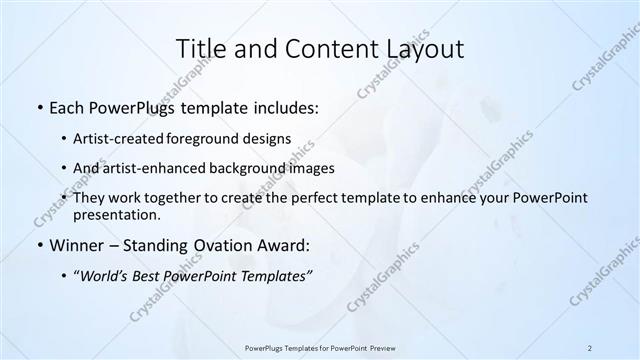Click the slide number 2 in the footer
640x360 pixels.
(x=589, y=347)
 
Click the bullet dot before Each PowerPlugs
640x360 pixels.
(x=38, y=105)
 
